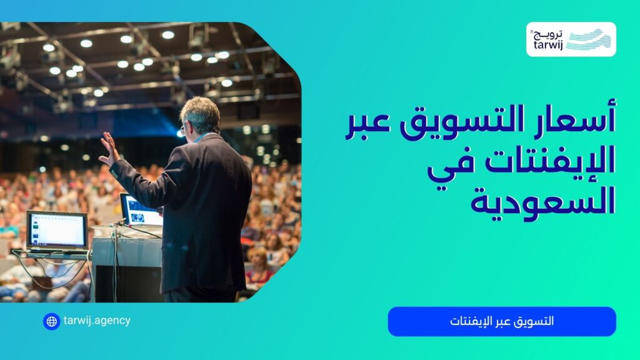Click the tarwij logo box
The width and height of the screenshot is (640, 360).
click(x=571, y=39)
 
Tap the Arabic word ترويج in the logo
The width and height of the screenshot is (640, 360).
click(x=549, y=33)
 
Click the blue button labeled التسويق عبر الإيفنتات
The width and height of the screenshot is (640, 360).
click(x=502, y=321)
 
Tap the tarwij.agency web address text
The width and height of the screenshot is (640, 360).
click(x=97, y=321)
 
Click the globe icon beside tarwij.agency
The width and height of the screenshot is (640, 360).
click(x=51, y=321)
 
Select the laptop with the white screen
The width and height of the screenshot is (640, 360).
click(x=57, y=230)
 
